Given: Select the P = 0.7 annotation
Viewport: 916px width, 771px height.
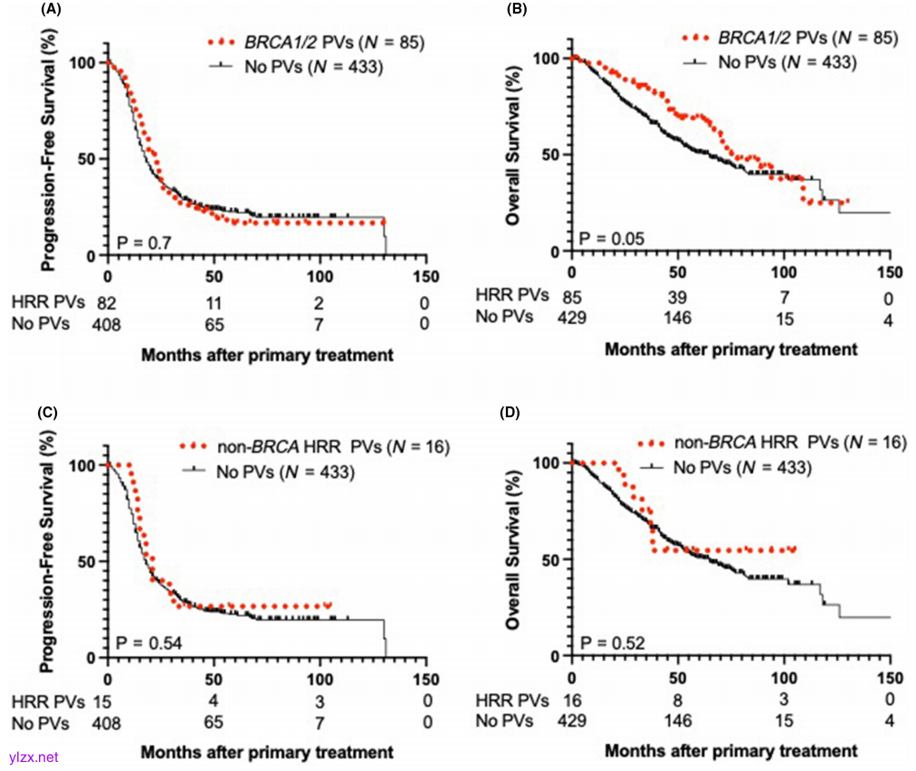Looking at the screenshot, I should point(141,242).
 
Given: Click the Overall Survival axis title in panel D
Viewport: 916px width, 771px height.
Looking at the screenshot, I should point(515,555).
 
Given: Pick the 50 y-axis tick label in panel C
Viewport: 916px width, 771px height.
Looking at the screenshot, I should point(87,562).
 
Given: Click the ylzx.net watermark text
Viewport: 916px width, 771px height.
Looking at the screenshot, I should point(33,757).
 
